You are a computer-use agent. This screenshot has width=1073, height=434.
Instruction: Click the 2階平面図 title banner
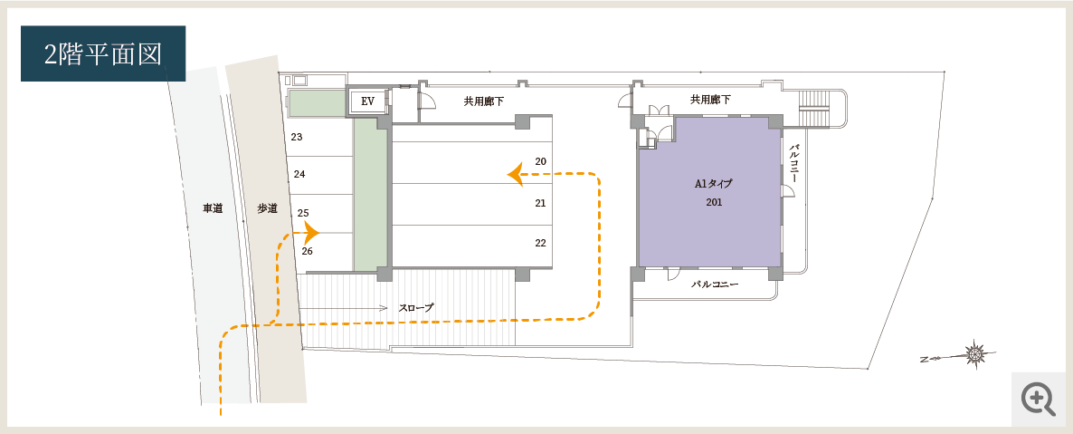(x=103, y=53)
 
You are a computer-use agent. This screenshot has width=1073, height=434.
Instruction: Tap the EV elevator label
(x=367, y=101)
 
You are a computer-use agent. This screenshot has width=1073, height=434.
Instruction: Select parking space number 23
(x=297, y=137)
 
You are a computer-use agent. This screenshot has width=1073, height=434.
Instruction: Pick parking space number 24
(x=299, y=174)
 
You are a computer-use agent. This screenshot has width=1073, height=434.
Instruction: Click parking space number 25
(x=303, y=213)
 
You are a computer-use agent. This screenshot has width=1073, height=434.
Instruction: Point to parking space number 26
(x=308, y=251)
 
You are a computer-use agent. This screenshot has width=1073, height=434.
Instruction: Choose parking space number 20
(x=541, y=162)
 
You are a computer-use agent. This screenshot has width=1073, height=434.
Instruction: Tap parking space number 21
(x=541, y=203)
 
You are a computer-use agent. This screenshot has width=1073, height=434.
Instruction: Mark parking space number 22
(x=541, y=243)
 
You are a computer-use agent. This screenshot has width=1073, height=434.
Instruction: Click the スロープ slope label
(x=416, y=308)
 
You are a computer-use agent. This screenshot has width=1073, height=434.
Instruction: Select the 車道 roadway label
(x=213, y=209)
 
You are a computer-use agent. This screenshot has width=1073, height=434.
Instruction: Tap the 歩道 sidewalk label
(x=267, y=209)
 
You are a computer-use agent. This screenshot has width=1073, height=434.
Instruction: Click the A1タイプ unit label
(x=714, y=184)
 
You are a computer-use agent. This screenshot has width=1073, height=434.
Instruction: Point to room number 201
(x=714, y=202)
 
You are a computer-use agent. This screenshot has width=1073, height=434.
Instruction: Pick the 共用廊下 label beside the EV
(x=484, y=101)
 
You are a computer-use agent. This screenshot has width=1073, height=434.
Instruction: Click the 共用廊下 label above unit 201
(x=710, y=100)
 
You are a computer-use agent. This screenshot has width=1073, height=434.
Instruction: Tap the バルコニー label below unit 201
(x=715, y=284)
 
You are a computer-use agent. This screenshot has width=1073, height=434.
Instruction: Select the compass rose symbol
(x=974, y=354)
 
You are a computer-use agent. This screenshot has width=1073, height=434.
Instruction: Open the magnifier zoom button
(x=1038, y=399)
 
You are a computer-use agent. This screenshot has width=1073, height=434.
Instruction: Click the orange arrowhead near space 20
(x=516, y=174)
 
